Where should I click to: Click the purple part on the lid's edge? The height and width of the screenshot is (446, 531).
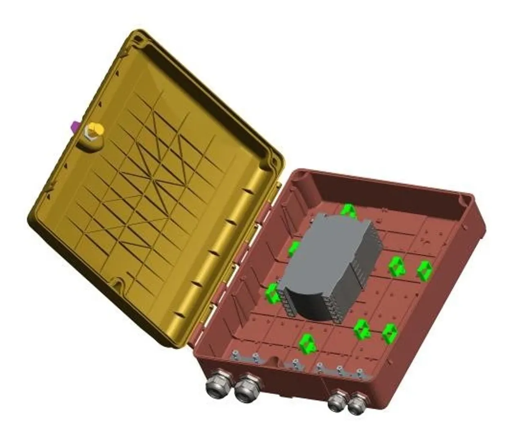click(x=75, y=126)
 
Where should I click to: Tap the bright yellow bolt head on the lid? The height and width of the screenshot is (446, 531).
click(x=96, y=130)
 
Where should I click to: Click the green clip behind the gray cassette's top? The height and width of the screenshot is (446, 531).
click(x=348, y=210)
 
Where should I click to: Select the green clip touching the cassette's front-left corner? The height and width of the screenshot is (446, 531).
click(x=271, y=293)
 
